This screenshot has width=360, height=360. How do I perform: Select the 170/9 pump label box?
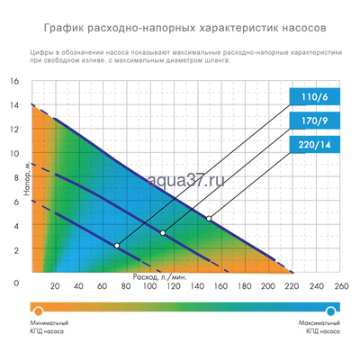pos(310,121)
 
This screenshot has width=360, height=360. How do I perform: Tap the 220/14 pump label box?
pos(310,146)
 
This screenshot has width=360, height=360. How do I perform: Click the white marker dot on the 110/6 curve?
pos(117,245)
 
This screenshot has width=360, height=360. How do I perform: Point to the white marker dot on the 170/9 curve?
pos(163,233)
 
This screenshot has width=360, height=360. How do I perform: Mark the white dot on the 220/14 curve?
pos(209,218)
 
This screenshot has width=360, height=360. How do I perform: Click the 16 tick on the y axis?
pos(13,81)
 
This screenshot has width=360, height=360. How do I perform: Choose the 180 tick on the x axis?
pos(244,288)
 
